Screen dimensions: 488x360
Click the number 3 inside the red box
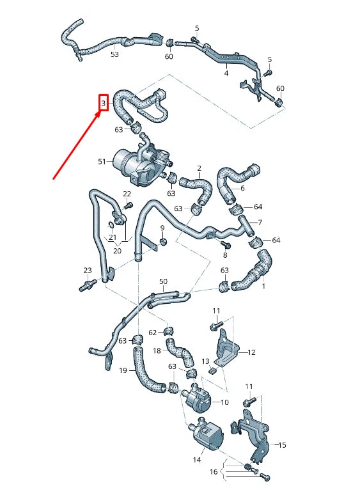(103, 102)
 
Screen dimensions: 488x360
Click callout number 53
(114, 54)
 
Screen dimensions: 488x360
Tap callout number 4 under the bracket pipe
(226, 74)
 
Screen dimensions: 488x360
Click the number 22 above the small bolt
(127, 194)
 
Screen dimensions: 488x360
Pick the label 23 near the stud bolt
(87, 271)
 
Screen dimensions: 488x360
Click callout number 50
(163, 281)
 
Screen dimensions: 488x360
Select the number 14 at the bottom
(196, 459)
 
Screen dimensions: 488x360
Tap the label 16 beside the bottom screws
(214, 471)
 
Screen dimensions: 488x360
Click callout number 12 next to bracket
(251, 352)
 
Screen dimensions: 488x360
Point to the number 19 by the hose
(123, 370)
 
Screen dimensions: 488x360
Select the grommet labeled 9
(162, 242)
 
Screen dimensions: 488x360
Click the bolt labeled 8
(225, 244)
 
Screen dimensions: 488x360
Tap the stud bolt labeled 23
(84, 287)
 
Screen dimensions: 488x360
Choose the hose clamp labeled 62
(168, 331)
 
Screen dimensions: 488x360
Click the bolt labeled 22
(129, 205)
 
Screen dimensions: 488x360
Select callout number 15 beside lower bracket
(283, 445)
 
